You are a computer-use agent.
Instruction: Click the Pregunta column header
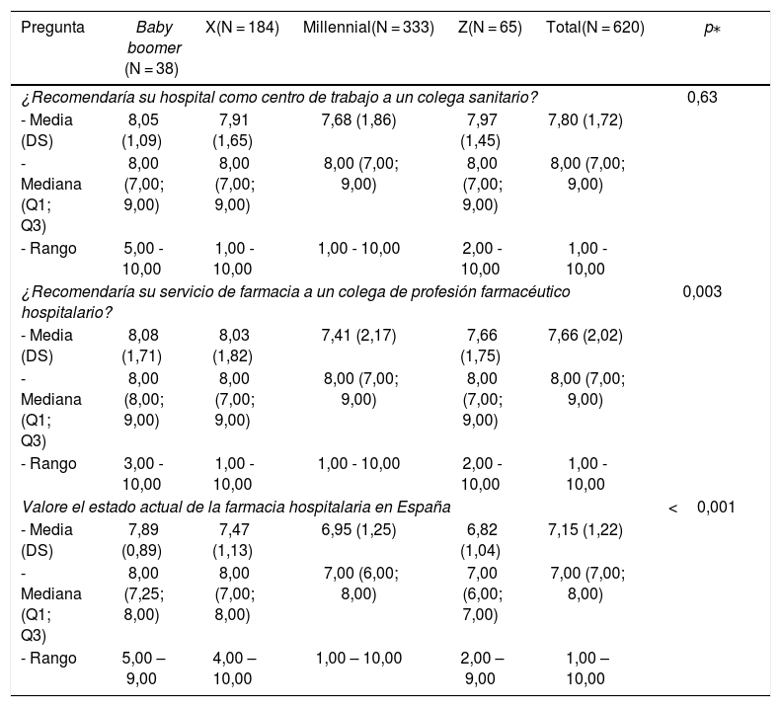coord(52,28)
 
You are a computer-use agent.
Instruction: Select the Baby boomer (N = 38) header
coord(153,47)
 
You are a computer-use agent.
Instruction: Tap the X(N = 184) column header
coord(242,28)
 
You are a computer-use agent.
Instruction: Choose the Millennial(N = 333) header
coord(368,28)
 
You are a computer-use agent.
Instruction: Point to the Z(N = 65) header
coord(490,28)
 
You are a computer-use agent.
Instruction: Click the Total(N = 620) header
coord(595,28)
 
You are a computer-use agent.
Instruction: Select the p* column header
coord(712,29)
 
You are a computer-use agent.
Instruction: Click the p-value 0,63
coord(702,97)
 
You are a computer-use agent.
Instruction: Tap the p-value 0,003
coord(702,291)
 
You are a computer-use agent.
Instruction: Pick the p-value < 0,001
coord(702,508)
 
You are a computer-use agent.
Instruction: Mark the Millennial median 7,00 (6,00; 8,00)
coord(361,584)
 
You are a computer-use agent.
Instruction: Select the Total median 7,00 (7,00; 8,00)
coord(587,584)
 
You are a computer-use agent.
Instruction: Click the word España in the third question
coord(424,508)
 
